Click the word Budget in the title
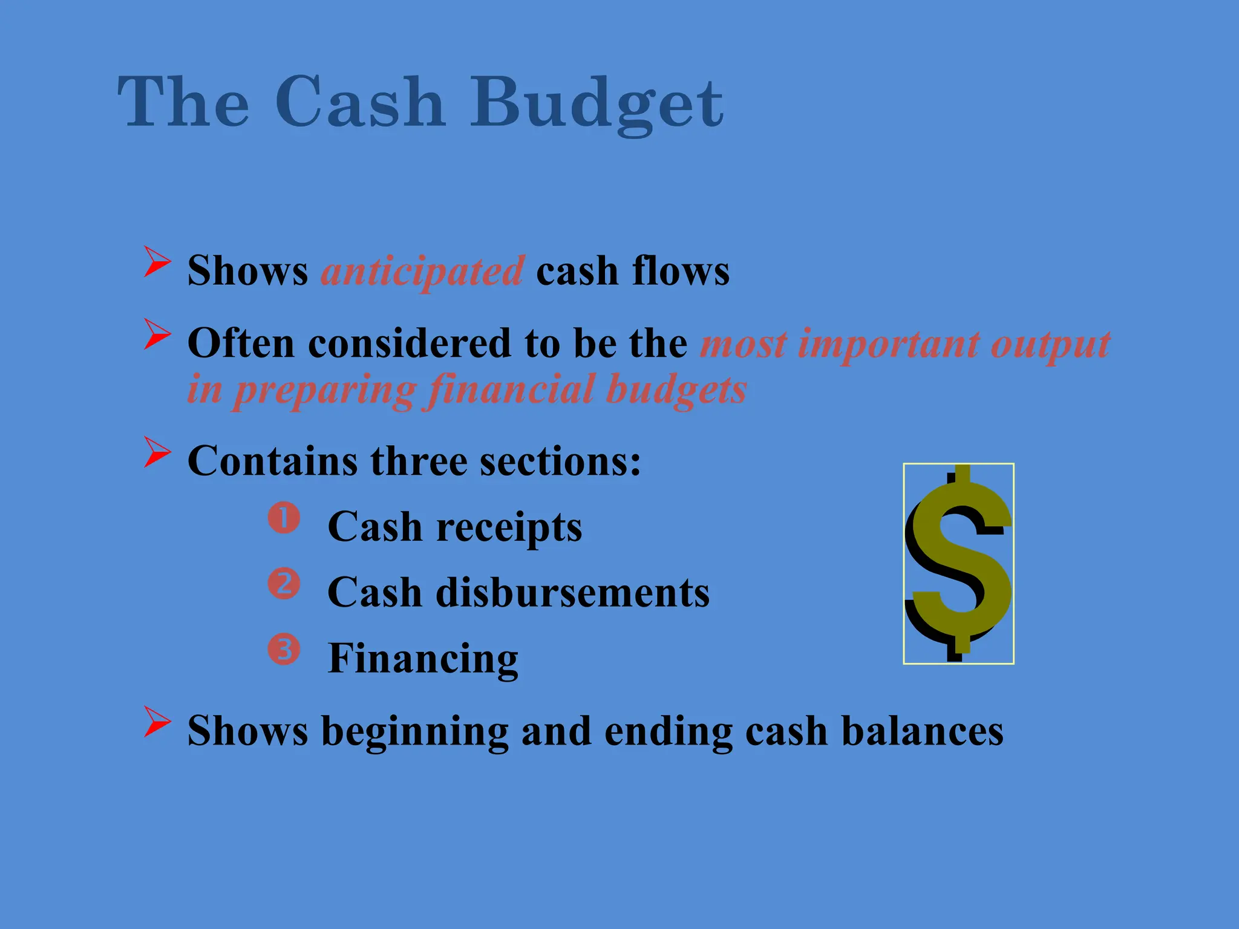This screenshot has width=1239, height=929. pos(597,103)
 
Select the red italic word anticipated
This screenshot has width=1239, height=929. pos(422,270)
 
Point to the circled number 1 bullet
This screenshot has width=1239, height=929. pos(284,518)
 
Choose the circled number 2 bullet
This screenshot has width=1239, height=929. pos(284,584)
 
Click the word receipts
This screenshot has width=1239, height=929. pos(509,527)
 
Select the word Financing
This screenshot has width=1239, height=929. pos(423,658)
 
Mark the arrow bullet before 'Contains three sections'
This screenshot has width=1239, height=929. pos(157,452)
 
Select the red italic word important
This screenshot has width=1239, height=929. pos(889,344)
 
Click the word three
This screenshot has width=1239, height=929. pos(419,461)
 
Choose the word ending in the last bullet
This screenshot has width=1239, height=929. pos(668,732)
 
